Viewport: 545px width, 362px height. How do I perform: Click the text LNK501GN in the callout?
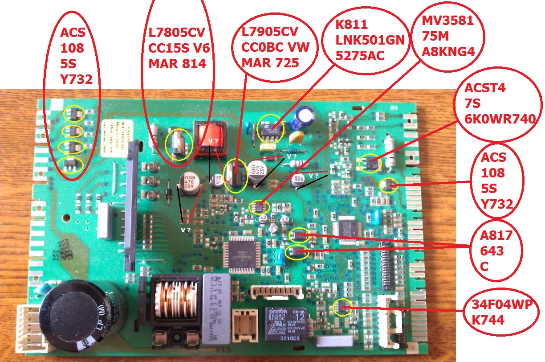[370, 41]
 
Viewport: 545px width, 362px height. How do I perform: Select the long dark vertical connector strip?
[131, 205]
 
